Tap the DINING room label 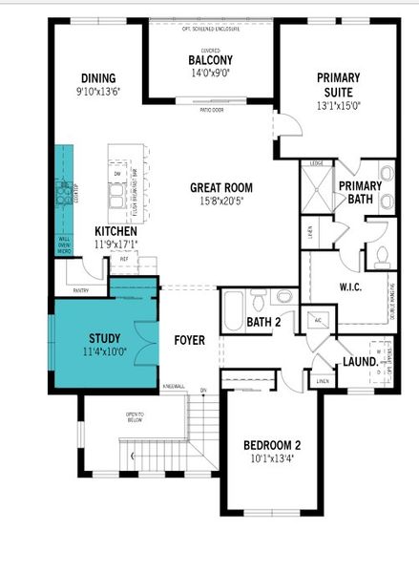pos(98,78)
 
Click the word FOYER pos(189,339)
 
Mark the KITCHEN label pos(115,232)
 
